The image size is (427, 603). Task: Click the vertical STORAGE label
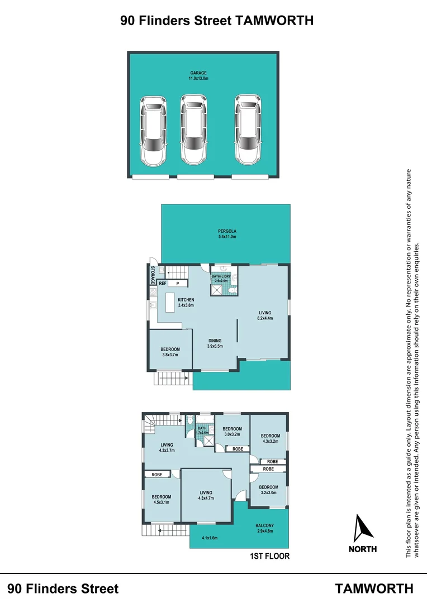(x=152, y=275)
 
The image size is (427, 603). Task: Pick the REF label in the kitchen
(x=162, y=284)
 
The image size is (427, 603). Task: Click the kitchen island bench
(x=169, y=304)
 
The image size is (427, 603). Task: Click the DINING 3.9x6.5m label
(x=215, y=343)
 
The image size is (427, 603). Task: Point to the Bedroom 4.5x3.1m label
(x=162, y=499)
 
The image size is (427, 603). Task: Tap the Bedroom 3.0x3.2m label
(x=232, y=432)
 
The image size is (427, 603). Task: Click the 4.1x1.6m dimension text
(x=210, y=538)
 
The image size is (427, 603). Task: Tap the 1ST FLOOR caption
(x=271, y=557)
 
